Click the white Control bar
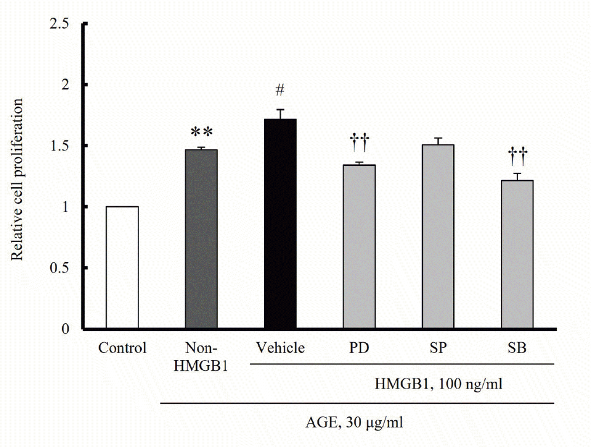(x=122, y=267)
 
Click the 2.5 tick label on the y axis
(x=59, y=24)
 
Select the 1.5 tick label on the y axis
(x=59, y=146)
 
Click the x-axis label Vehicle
(x=280, y=348)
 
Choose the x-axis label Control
(x=122, y=348)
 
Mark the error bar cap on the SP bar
(x=438, y=138)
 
